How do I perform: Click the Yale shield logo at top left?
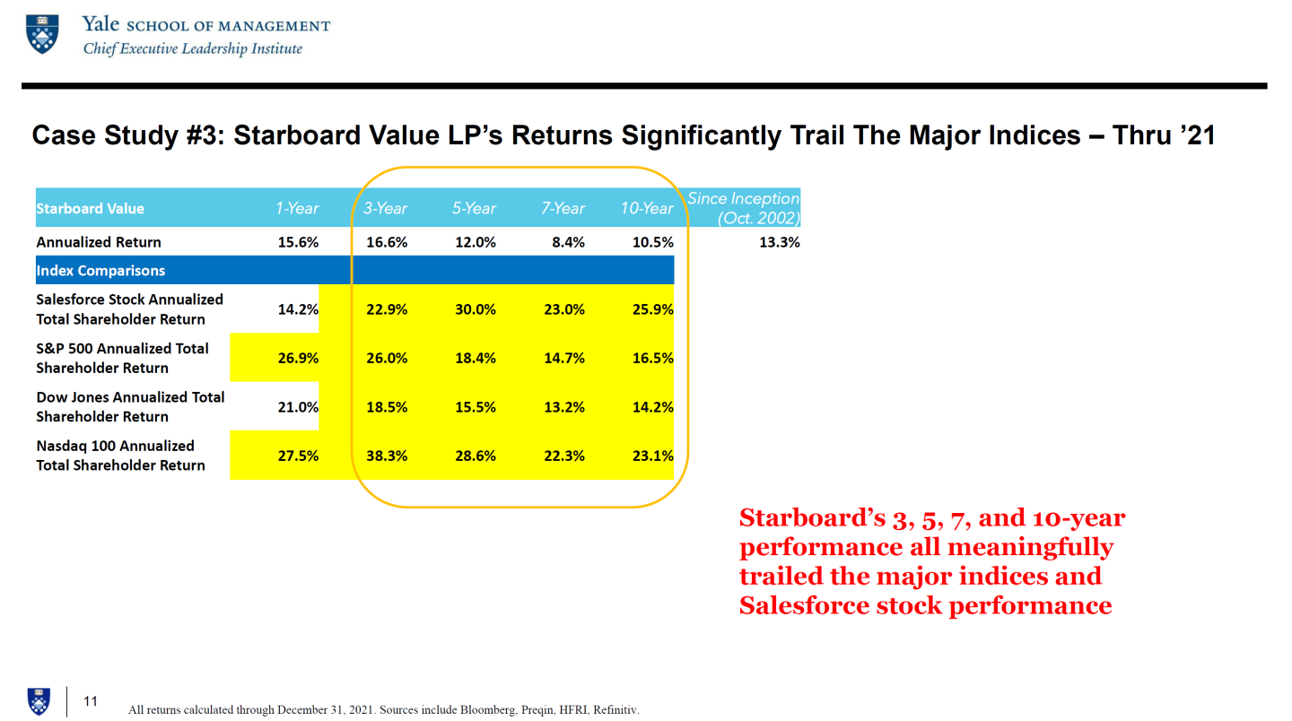42,35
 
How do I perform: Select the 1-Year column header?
297,208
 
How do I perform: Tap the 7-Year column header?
563,208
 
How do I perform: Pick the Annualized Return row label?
99,242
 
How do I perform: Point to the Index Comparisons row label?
100,271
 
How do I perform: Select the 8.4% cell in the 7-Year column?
568,242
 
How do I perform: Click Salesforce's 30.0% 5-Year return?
475,309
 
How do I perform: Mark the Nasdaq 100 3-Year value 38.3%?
387,456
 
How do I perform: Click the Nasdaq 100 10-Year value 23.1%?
652,456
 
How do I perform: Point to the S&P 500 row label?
122,358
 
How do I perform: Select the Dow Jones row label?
130,406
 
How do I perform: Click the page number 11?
91,701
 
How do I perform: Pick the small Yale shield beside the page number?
39,701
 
